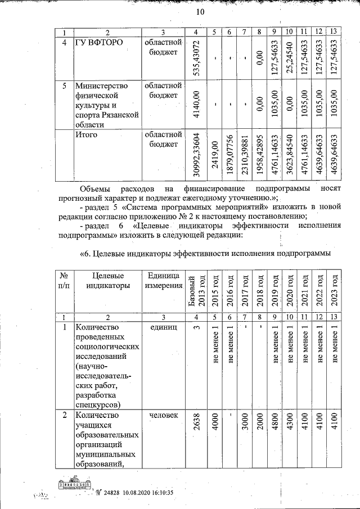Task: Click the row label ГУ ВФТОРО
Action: (101, 43)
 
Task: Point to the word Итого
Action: (87, 134)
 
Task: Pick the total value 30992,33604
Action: (196, 156)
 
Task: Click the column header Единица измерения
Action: (163, 280)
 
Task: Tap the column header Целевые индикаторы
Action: (102, 280)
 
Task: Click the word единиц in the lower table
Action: (164, 327)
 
